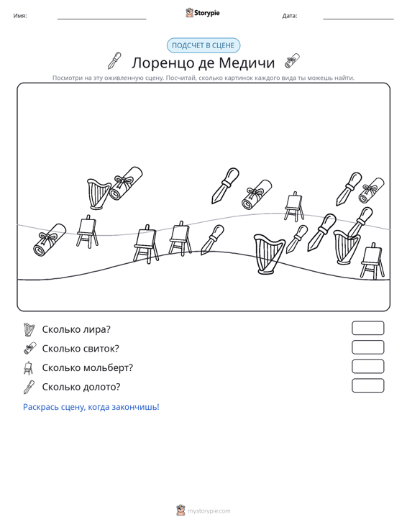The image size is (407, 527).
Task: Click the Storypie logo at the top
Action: [x=203, y=13]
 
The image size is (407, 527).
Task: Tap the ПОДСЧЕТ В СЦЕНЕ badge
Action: [x=203, y=45]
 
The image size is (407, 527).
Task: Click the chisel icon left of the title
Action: [x=114, y=60]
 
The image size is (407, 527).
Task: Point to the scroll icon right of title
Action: [x=292, y=60]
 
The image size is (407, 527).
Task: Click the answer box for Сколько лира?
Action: [x=367, y=328]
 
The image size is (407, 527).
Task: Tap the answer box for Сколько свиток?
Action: [x=367, y=347]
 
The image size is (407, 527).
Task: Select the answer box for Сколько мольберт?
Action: [x=367, y=367]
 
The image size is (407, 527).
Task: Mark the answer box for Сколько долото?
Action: [x=367, y=385]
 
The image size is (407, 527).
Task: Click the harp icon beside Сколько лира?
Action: [x=29, y=329]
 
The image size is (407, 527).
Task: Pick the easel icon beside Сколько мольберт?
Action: [x=29, y=367]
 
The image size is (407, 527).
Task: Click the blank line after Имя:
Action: [x=102, y=19]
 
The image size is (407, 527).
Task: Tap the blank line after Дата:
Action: [x=358, y=19]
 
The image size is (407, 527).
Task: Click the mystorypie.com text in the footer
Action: [x=209, y=511]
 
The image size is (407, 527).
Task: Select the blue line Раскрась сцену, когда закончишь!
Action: [x=91, y=407]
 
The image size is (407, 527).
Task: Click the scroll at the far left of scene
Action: [x=50, y=239]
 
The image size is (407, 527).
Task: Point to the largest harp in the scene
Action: [x=269, y=254]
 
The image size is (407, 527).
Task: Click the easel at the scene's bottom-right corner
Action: [x=372, y=261]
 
